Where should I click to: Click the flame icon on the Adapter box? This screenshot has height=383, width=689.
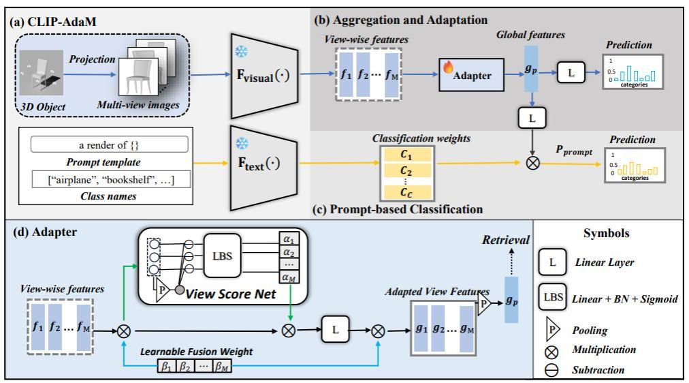(x=449, y=68)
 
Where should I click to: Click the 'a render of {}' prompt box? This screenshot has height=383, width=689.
(x=109, y=144)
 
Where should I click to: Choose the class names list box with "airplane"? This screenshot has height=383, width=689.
(x=109, y=181)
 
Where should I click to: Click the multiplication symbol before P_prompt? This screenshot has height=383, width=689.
(x=532, y=164)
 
